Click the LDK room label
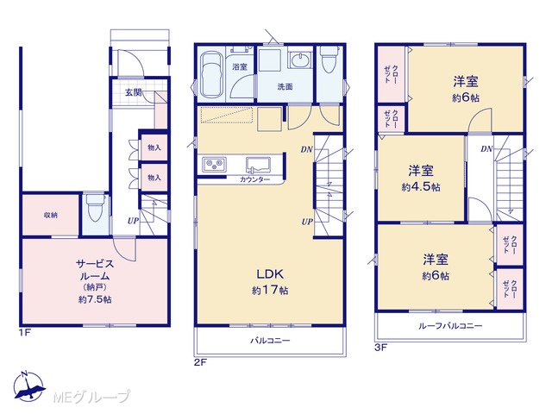coord(270,273)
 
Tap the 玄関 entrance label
coord(134,92)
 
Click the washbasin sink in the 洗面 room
coord(299,58)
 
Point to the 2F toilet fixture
coord(329,59)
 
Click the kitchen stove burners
coord(215,165)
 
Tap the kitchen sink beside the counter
coord(258,165)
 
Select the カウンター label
coord(255,180)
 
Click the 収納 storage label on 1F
coord(51,215)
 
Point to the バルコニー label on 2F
coord(270,341)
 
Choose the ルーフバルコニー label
coord(450,326)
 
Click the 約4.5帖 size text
coord(421,187)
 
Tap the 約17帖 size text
coord(270,291)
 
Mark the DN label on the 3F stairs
coord(486,149)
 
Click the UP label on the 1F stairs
coord(133,221)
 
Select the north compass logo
coord(29,386)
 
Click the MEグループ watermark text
coord(91,397)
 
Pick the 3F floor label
coord(380,348)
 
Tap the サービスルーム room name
coord(95,270)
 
